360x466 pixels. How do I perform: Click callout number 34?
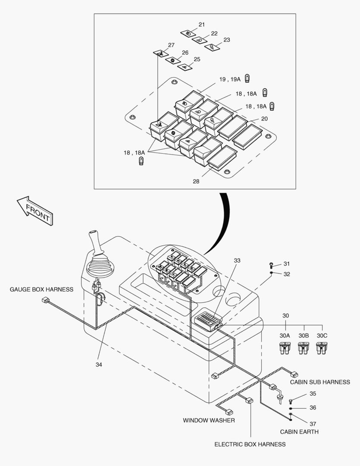[x=99, y=365]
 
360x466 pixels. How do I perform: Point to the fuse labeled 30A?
[x=285, y=348]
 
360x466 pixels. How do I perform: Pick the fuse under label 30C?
[x=322, y=348]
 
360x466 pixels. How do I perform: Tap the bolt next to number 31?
[x=271, y=264]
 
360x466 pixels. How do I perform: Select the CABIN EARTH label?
[x=299, y=431]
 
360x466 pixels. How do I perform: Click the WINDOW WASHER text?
[x=209, y=420]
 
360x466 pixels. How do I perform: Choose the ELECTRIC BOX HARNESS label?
[x=250, y=444]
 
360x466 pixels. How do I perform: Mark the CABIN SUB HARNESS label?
[x=320, y=382]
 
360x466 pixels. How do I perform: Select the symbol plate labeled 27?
[x=160, y=53]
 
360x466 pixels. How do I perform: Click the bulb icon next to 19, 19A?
[x=247, y=79]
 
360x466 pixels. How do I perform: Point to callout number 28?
[x=196, y=182]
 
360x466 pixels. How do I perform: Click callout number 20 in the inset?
[x=264, y=119]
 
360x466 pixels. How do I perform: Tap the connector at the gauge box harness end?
[x=44, y=299]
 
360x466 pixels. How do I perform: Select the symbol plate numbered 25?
[x=185, y=67]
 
